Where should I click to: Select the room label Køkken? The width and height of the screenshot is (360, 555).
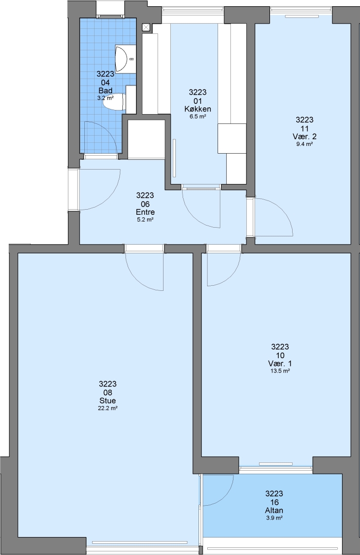[x=197, y=108]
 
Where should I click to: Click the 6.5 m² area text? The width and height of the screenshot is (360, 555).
[x=197, y=116]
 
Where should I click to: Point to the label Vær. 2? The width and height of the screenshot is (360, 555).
[x=304, y=137]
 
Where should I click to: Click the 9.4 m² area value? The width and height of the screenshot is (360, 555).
[x=304, y=144]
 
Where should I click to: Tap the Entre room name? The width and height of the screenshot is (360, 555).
[x=145, y=212]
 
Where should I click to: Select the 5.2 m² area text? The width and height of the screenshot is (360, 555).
[x=145, y=220]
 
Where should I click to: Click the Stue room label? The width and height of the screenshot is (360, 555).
[x=107, y=401]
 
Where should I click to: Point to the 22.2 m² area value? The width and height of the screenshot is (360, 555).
[x=107, y=408]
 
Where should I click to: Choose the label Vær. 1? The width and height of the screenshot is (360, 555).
[x=280, y=363]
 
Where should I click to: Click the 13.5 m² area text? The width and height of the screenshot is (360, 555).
[x=280, y=371]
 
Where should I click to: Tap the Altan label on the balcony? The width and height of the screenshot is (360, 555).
[x=274, y=510]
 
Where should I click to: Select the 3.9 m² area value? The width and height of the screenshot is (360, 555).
[x=274, y=518]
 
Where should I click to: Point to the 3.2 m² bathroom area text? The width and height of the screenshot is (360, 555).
[x=105, y=98]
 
